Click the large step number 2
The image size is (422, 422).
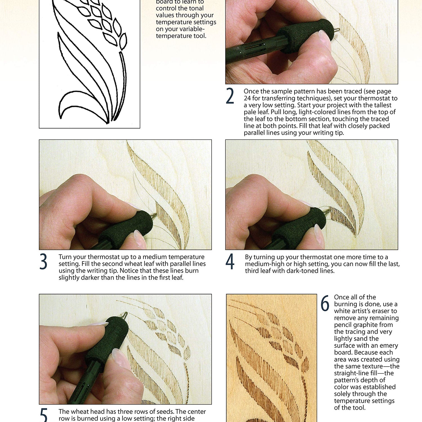click(x=230, y=96)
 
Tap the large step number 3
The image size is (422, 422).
click(x=43, y=262)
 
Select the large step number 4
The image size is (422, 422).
click(x=230, y=262)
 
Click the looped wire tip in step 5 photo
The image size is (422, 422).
click(x=124, y=315)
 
